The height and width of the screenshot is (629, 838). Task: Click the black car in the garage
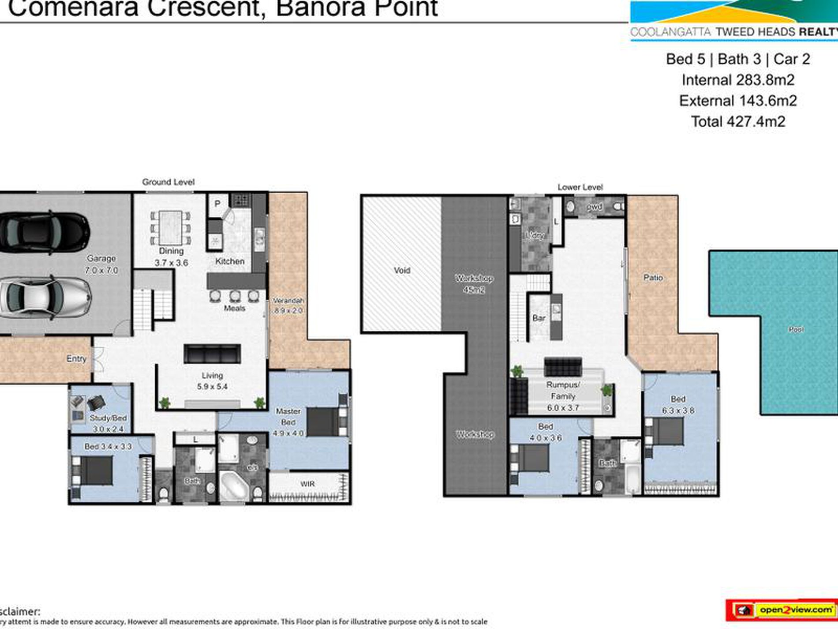[44, 233]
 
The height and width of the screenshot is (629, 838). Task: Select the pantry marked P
[217, 204]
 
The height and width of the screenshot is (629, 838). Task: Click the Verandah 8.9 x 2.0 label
[288, 305]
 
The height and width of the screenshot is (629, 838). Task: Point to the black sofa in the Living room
[212, 354]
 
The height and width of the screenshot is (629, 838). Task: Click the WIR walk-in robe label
[307, 484]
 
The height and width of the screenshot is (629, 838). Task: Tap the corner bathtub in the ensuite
[234, 486]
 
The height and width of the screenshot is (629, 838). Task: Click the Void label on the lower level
[402, 270]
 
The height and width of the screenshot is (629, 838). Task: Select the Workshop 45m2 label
[474, 284]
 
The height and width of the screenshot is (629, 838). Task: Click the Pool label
[796, 329]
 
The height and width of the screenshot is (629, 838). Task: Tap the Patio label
[653, 278]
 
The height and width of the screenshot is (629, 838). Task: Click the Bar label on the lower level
[539, 318]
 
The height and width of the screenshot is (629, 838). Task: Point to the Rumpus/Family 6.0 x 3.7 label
[563, 396]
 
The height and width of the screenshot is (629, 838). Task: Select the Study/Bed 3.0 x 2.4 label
[108, 423]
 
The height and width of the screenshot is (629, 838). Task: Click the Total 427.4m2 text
[738, 121]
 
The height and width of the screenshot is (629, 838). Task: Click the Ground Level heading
[168, 182]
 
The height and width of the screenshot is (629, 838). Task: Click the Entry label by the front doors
[76, 358]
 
